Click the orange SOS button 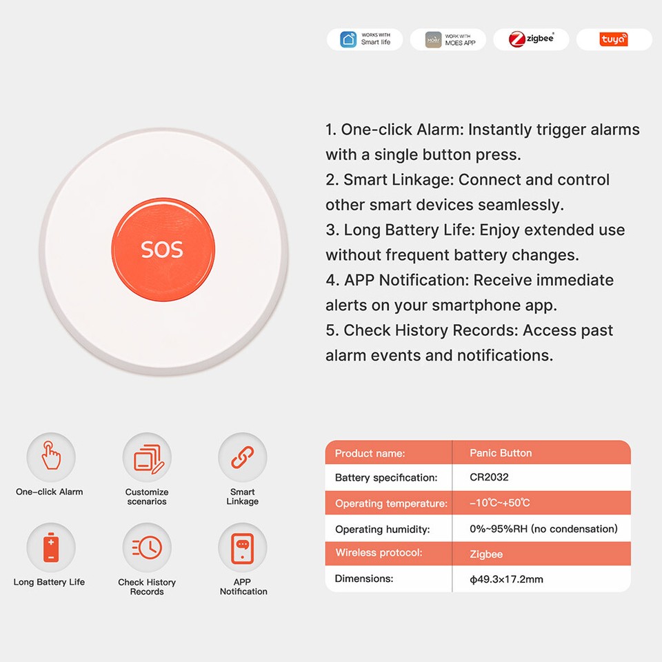163,248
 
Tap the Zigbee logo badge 531,39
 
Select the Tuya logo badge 613,39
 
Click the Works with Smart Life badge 365,39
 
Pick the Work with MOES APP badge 448,39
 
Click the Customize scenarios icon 147,457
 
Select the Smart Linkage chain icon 242,457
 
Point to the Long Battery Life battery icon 51,548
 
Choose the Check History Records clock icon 147,548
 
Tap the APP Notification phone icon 242,548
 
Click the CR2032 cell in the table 489,477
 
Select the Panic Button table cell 501,453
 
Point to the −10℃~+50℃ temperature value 500,503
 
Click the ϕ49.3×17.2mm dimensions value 506,579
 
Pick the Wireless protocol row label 379,553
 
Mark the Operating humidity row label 382,530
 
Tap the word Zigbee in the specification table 486,554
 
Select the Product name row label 370,453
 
